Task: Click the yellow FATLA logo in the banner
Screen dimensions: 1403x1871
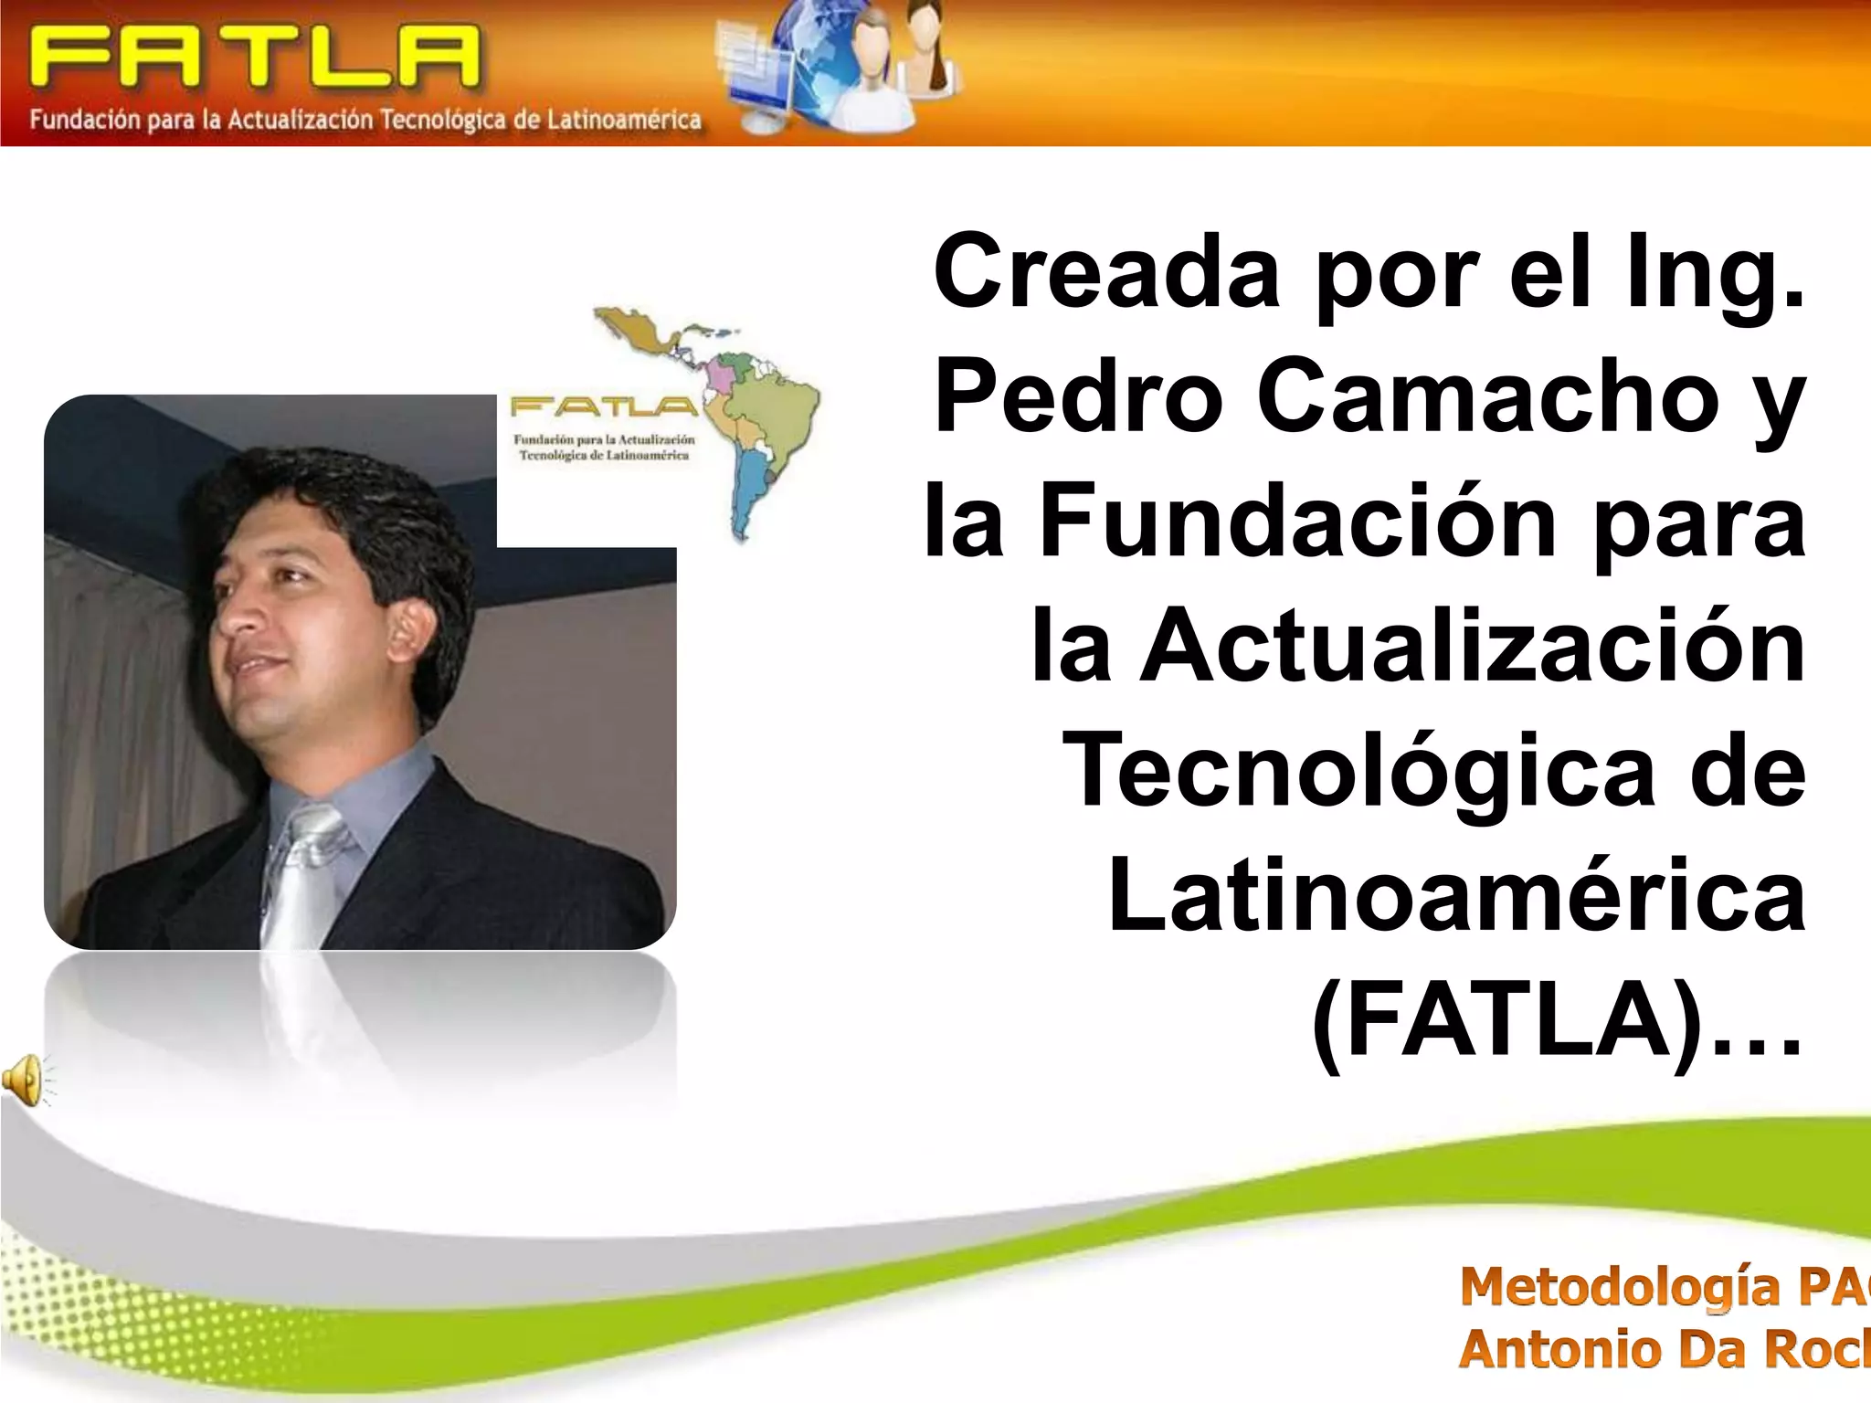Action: click(x=254, y=57)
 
